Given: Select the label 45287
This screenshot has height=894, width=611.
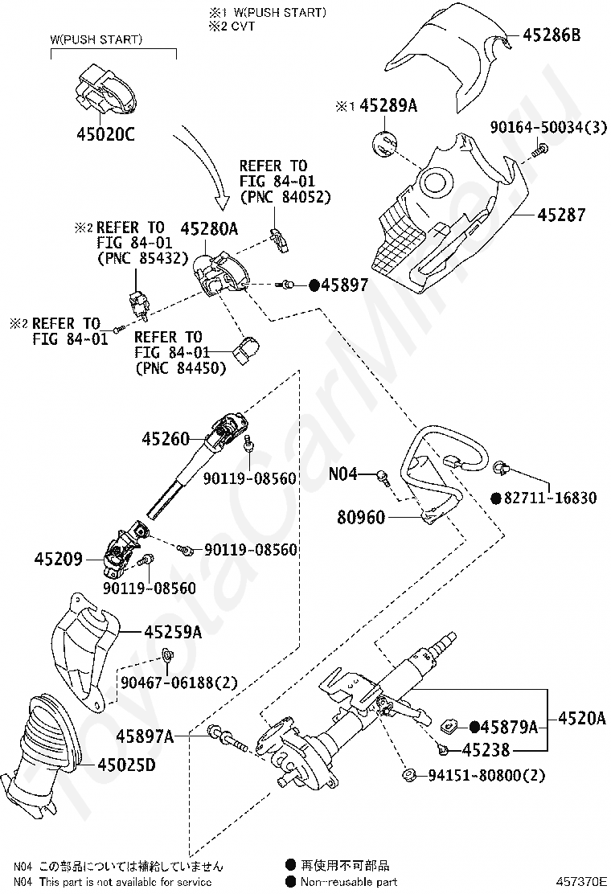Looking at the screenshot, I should (x=562, y=215).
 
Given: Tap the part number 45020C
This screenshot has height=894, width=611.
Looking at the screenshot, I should (x=105, y=134).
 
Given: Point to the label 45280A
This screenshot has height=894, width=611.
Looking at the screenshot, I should (x=209, y=229).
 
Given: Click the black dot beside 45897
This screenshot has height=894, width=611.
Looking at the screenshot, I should (x=314, y=285).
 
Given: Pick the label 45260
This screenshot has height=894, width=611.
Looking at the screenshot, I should (x=166, y=439).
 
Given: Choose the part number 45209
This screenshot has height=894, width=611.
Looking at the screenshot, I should (x=58, y=558).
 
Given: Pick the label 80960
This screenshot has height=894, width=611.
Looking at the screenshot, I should (x=361, y=518).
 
